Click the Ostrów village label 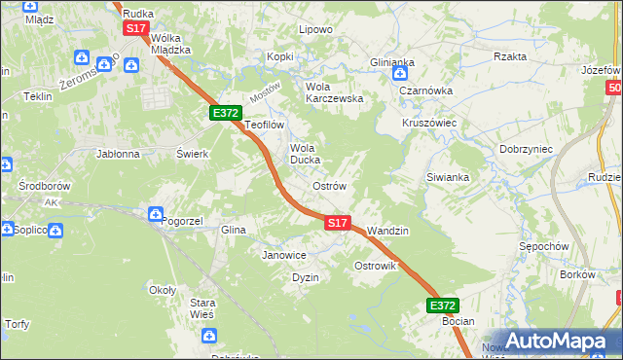(x=329, y=185)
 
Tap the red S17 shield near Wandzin (x=337, y=223)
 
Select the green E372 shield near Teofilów (x=226, y=113)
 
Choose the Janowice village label (x=284, y=255)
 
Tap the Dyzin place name (x=306, y=277)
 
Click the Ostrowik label (x=376, y=266)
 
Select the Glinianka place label (x=392, y=61)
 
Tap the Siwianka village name (x=448, y=177)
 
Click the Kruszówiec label (x=429, y=124)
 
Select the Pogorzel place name (x=182, y=221)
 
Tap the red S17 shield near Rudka (x=136, y=28)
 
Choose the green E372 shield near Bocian (x=442, y=306)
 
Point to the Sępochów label (x=544, y=246)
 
